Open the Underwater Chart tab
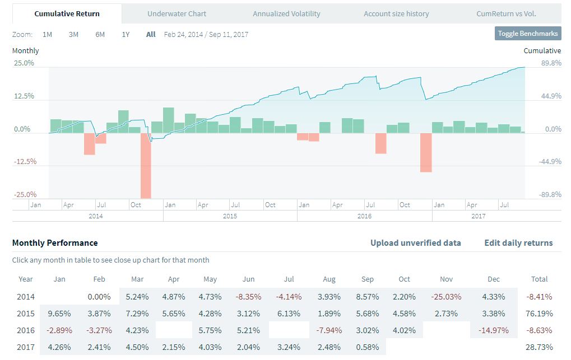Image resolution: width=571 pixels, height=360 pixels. [177, 13]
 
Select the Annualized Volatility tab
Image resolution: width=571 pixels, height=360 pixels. [286, 13]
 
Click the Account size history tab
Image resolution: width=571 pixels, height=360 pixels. [396, 13]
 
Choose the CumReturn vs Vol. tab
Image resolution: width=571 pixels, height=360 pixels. [506, 13]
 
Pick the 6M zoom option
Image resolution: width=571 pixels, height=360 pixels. [100, 34]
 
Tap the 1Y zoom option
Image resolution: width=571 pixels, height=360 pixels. [126, 34]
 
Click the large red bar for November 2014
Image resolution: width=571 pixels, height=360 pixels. [146, 165]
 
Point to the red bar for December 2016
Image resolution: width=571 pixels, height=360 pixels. [426, 152]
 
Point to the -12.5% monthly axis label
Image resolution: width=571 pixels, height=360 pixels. [24, 162]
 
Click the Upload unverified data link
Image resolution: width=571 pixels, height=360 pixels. [415, 243]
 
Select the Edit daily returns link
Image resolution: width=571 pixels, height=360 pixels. [518, 243]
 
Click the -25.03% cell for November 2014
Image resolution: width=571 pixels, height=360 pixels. [446, 296]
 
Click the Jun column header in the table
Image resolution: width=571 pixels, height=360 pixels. [248, 279]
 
